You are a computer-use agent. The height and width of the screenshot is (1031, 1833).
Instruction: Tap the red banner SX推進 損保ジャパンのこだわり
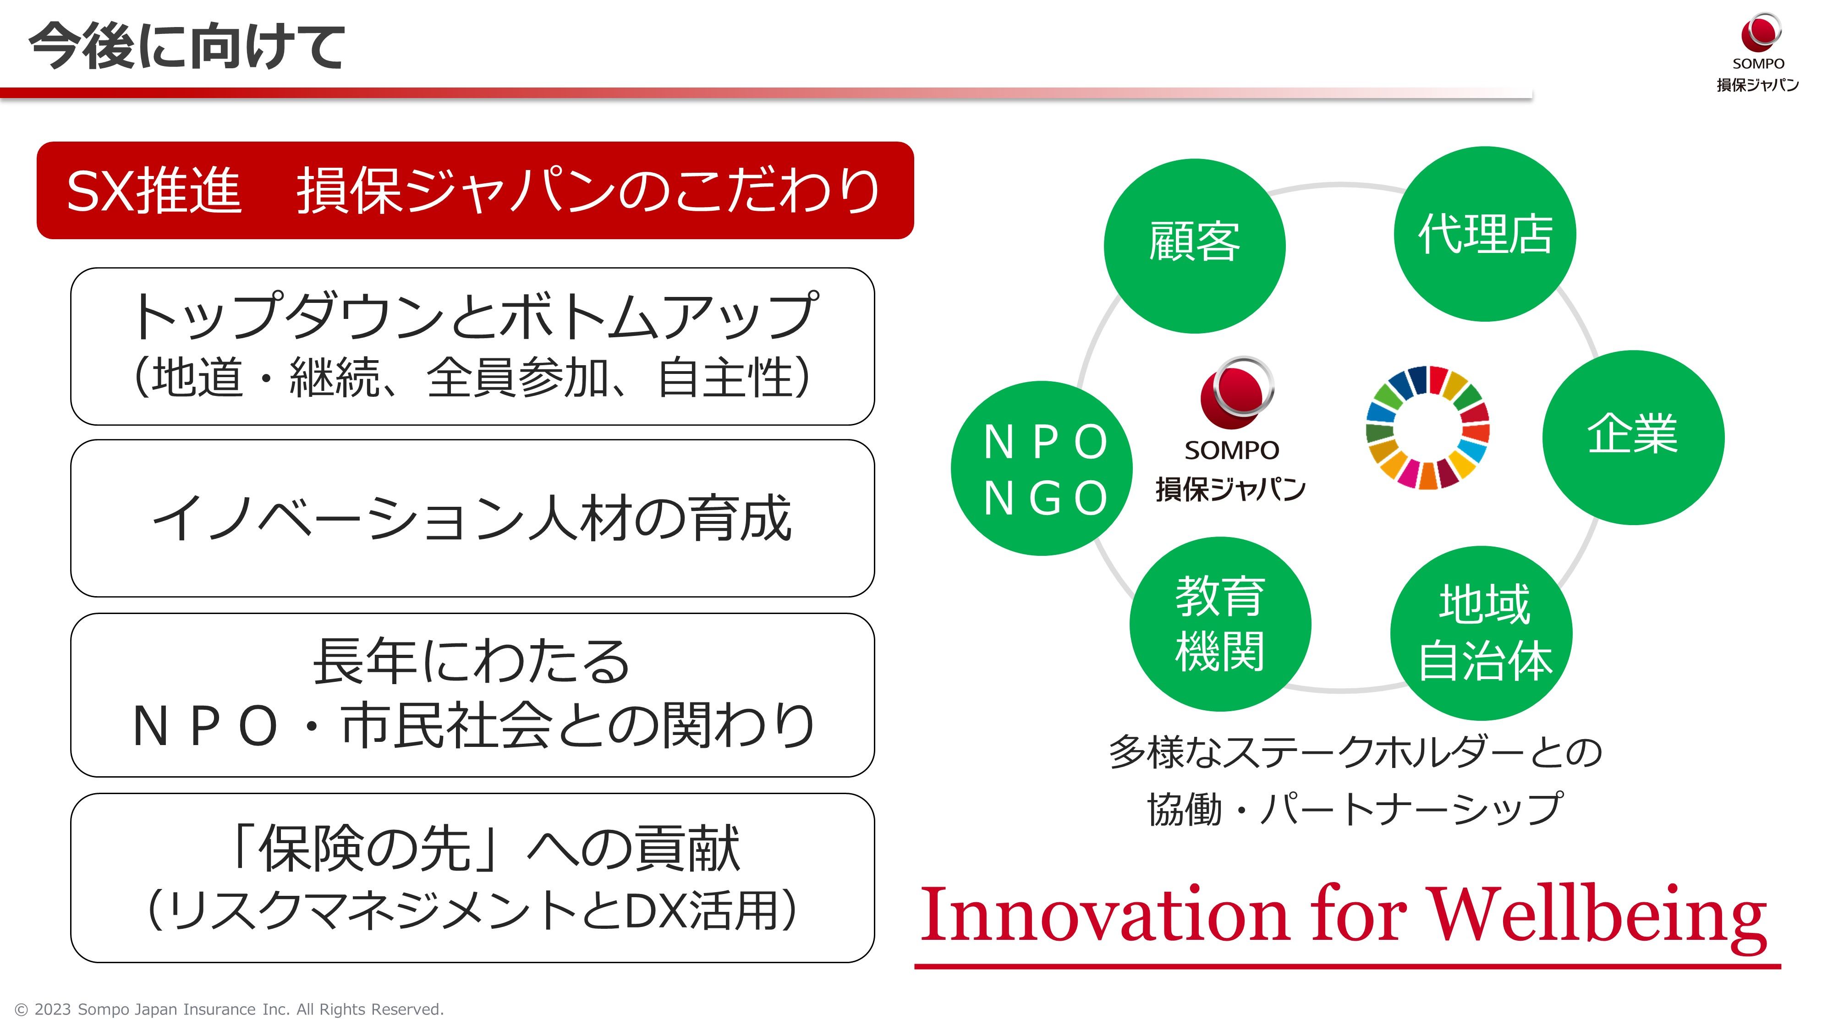point(475,191)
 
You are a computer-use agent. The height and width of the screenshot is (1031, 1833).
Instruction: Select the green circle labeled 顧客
point(1195,246)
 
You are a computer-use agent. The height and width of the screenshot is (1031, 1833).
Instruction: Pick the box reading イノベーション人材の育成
point(472,518)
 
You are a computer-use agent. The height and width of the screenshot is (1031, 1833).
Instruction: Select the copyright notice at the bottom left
point(229,1009)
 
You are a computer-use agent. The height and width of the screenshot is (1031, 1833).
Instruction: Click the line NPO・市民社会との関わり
point(473,726)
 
